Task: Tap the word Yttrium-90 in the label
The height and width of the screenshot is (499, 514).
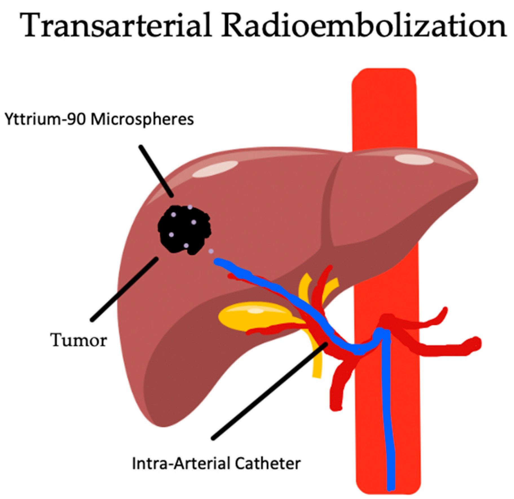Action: (x=45, y=119)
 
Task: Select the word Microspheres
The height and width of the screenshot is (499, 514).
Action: (x=142, y=119)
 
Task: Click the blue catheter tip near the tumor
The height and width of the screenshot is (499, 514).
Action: (x=218, y=262)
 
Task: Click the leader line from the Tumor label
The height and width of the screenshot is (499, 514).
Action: (x=124, y=289)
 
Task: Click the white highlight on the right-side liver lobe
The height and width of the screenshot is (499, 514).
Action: (x=414, y=159)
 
